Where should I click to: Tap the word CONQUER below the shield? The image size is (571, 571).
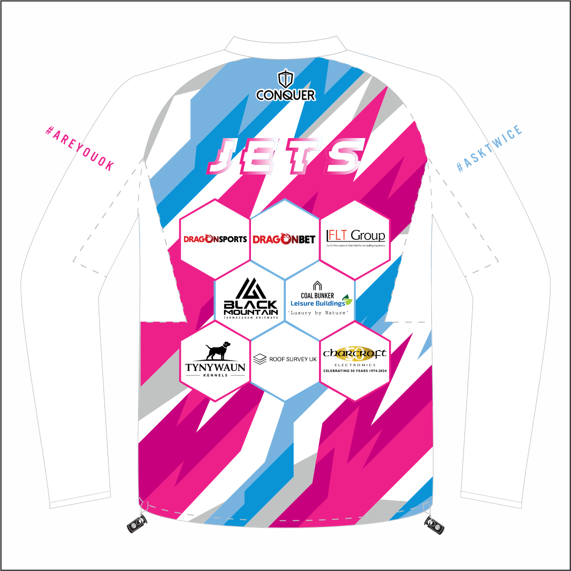click(x=285, y=95)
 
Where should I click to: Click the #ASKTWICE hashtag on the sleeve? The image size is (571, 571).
click(x=489, y=148)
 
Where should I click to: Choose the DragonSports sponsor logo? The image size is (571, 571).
click(x=215, y=239)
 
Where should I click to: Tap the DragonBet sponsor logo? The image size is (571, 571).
click(x=284, y=239)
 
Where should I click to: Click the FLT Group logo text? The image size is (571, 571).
click(x=356, y=235)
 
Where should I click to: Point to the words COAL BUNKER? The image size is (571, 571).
click(x=317, y=296)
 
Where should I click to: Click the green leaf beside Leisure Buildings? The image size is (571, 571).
click(x=347, y=300)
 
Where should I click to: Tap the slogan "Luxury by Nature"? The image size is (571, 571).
click(x=318, y=313)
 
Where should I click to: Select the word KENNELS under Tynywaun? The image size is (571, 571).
click(x=215, y=376)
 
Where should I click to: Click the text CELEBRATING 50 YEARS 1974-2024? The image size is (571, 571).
click(x=354, y=371)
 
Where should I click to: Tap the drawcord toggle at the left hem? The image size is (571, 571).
click(x=137, y=525)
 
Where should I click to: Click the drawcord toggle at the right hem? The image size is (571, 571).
click(x=435, y=524)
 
